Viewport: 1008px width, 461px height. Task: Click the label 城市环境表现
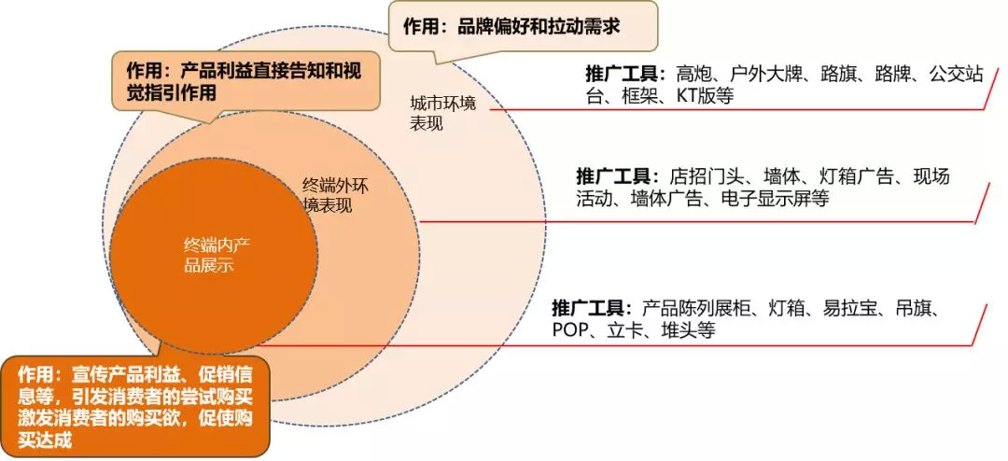coord(442,113)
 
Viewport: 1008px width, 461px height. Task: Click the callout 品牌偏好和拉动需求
coord(522,26)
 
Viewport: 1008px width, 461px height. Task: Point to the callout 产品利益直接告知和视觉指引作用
coord(248,82)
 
